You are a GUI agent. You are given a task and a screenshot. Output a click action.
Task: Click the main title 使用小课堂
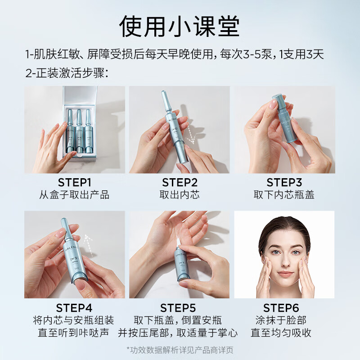pos(180,26)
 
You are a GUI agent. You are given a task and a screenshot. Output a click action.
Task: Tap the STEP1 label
pos(75,183)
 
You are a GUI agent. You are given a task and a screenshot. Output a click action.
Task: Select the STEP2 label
pos(180,183)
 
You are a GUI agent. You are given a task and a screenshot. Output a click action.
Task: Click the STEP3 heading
pos(284,183)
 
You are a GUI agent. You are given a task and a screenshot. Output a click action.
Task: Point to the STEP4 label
pos(74,308)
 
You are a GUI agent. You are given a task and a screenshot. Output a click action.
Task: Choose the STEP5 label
pos(178,308)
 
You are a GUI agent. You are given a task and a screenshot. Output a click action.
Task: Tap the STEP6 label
pos(281,308)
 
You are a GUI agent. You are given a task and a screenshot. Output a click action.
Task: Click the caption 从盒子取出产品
pos(74,195)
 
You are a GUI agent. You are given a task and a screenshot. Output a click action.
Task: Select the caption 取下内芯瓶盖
pos(284,195)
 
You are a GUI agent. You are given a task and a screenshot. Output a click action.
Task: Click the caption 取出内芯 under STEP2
pos(180,195)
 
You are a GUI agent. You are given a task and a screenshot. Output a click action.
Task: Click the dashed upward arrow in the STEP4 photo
pos(89,245)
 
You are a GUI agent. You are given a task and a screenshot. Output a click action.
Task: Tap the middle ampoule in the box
pos(79,131)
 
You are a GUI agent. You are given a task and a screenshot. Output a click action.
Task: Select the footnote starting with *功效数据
pos(180,350)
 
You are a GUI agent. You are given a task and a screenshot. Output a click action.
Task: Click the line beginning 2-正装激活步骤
pos(67,73)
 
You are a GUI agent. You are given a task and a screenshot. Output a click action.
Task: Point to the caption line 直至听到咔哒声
pos(73,333)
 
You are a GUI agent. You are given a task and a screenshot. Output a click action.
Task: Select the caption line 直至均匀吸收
pos(281,333)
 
